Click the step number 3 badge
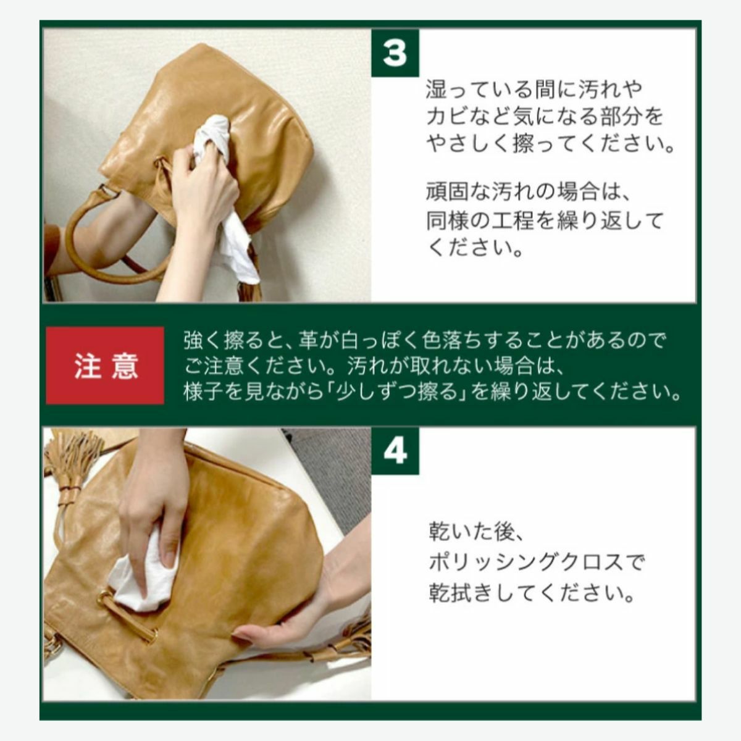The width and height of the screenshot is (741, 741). click(x=395, y=52)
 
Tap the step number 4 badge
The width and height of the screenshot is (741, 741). click(x=395, y=451)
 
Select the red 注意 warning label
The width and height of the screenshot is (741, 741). click(x=105, y=366)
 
